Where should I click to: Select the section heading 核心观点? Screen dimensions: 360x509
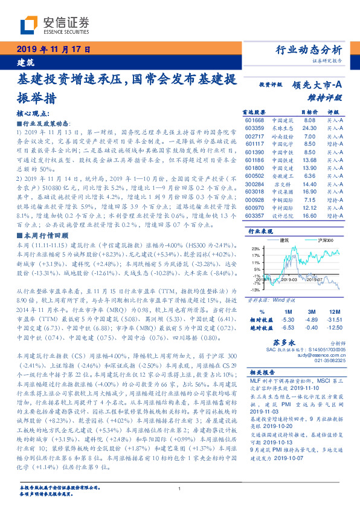tap(36, 113)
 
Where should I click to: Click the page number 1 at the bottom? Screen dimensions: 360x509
tap(180, 491)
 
